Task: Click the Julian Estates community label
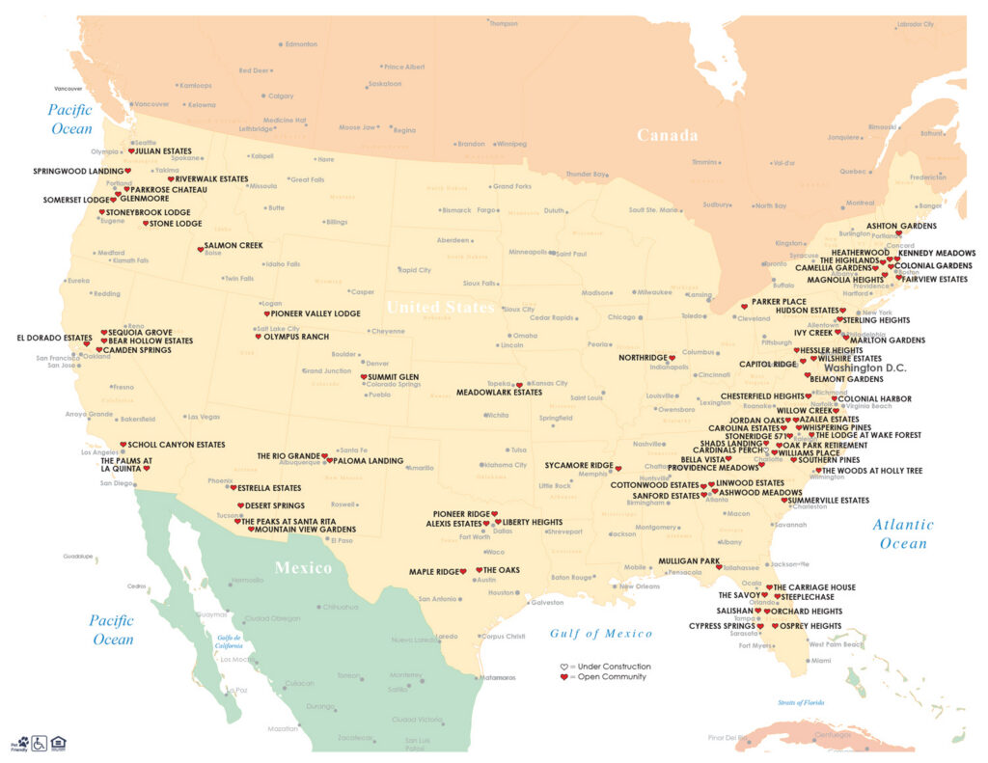[163, 151]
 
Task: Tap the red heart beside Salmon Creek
[200, 250]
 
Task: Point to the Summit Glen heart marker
[363, 377]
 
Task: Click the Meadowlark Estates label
[499, 393]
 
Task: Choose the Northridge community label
[643, 358]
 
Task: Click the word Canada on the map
[667, 135]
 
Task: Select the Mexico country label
[304, 567]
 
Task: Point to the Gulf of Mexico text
[601, 634]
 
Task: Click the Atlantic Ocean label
[903, 533]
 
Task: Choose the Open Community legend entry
[609, 677]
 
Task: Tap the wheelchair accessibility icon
[40, 743]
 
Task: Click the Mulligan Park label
[689, 560]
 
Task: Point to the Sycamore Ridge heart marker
[618, 469]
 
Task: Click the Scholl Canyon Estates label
[177, 445]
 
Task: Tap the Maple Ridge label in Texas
[433, 571]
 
